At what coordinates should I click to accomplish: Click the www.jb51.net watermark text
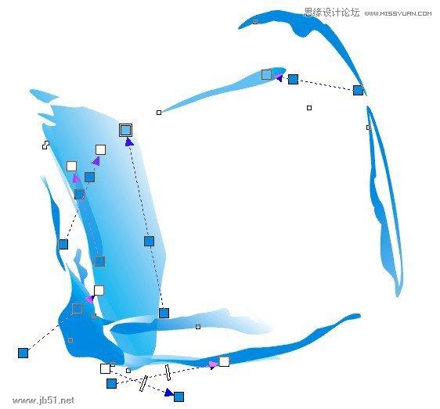pyautogui.click(x=44, y=400)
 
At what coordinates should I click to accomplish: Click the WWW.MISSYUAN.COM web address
pyautogui.click(x=398, y=13)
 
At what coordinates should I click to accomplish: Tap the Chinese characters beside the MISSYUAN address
pyautogui.click(x=332, y=13)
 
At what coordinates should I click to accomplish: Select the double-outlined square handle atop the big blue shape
pyautogui.click(x=125, y=130)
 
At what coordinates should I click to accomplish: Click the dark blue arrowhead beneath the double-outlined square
pyautogui.click(x=129, y=142)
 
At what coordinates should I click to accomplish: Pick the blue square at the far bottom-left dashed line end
pyautogui.click(x=23, y=353)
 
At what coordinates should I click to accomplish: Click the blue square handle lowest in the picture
pyautogui.click(x=179, y=397)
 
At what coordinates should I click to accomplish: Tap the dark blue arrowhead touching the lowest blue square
pyautogui.click(x=168, y=393)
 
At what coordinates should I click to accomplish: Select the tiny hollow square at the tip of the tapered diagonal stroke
pyautogui.click(x=159, y=113)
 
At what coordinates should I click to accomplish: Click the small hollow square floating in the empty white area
pyautogui.click(x=309, y=108)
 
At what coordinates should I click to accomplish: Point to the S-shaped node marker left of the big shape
pyautogui.click(x=45, y=145)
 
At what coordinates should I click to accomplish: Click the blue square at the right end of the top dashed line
pyautogui.click(x=358, y=90)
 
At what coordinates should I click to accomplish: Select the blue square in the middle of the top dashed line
pyautogui.click(x=293, y=79)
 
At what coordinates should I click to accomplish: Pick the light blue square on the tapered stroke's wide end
pyautogui.click(x=266, y=74)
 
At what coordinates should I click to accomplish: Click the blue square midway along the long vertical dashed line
pyautogui.click(x=149, y=241)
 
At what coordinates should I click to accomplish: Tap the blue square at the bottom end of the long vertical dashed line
pyautogui.click(x=164, y=313)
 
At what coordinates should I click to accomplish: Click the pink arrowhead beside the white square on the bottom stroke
pyautogui.click(x=213, y=364)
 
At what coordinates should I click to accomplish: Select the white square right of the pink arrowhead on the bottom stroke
pyautogui.click(x=224, y=361)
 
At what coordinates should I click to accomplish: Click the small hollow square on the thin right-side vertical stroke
pyautogui.click(x=369, y=127)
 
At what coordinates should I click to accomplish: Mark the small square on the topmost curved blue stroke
pyautogui.click(x=255, y=22)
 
